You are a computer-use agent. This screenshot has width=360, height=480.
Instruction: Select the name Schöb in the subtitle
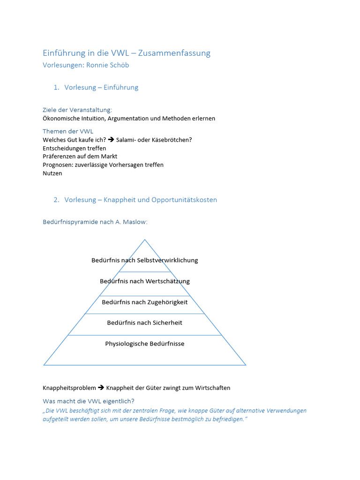(x=120, y=65)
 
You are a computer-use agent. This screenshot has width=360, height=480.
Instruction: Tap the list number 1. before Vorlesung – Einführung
(x=56, y=87)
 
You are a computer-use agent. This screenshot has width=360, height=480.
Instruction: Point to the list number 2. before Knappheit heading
(x=56, y=200)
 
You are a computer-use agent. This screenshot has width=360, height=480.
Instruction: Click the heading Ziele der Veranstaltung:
(x=77, y=110)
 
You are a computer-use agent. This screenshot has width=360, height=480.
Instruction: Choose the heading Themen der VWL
(x=68, y=131)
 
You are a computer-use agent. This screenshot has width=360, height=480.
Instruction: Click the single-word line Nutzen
(x=52, y=173)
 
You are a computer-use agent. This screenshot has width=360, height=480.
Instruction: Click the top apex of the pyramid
(x=145, y=240)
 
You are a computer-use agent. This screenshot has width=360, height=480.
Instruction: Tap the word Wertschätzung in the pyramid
(x=167, y=281)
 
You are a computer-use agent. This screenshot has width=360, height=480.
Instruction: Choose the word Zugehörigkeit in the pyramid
(x=167, y=302)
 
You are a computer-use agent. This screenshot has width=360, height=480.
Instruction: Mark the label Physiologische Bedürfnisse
(x=145, y=344)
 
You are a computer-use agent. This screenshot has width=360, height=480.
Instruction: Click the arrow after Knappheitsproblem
(x=101, y=388)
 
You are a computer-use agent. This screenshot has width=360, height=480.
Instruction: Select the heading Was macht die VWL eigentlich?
(x=89, y=401)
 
